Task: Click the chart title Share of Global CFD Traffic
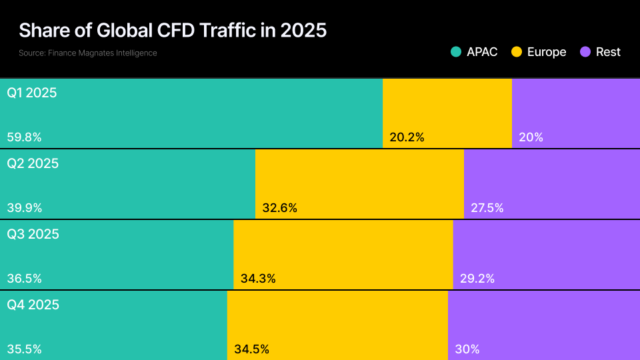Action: point(173,31)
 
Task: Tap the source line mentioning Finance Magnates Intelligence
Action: point(88,53)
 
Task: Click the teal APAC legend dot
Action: point(456,52)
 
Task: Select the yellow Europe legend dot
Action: point(517,52)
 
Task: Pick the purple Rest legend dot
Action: point(586,52)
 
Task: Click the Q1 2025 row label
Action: point(32,93)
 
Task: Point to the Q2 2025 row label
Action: point(33,163)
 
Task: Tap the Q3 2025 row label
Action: point(33,234)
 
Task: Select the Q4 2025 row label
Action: point(33,305)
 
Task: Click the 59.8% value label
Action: point(25,137)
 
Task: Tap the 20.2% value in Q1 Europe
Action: point(407,137)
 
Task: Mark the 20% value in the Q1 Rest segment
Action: point(531,137)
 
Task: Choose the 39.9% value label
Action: point(25,208)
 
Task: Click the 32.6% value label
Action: point(280,208)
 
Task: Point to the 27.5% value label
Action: point(487,208)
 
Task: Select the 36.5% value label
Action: point(25,279)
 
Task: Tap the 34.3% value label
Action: point(258,279)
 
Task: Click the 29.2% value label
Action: point(477,279)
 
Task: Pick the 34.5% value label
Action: point(252,349)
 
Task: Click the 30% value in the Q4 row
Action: point(467,349)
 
